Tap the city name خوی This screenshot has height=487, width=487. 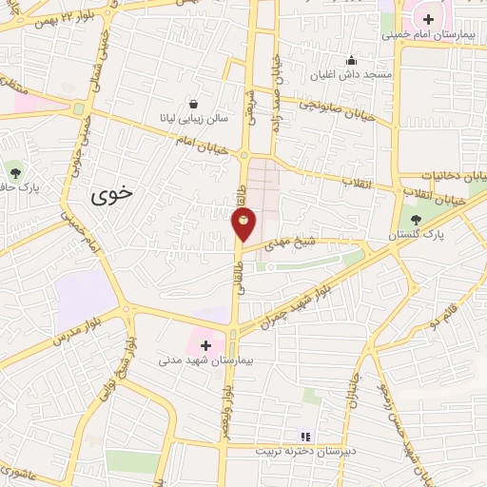pos(113,195)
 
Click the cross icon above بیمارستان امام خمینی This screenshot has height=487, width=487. pos(429,18)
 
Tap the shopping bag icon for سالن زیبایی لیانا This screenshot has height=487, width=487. pos(194,104)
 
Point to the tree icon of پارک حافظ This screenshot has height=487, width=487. pos(14,172)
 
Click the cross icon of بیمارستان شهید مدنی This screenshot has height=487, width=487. pos(205,345)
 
